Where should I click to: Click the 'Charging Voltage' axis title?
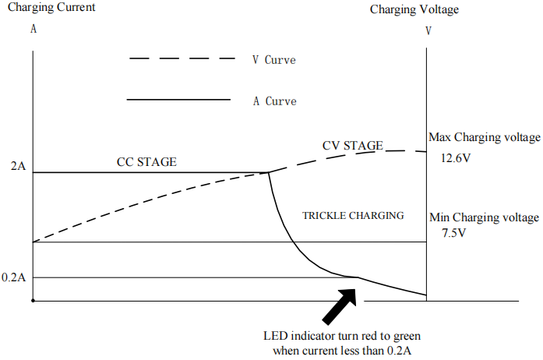point(414,10)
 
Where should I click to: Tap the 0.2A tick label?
point(13,277)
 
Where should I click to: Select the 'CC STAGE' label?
point(146,162)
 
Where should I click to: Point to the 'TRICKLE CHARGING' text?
point(353,215)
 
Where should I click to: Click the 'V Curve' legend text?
point(273,60)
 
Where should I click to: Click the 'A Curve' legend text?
point(274,101)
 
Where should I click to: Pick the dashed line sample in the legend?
point(182,58)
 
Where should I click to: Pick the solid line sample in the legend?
point(178,100)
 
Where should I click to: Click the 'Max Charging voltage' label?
point(484,137)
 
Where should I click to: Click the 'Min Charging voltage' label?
point(483,217)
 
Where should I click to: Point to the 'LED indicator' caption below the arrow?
point(343,343)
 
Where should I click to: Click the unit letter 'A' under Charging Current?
point(33,29)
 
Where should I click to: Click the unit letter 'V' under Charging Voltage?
point(428,31)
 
